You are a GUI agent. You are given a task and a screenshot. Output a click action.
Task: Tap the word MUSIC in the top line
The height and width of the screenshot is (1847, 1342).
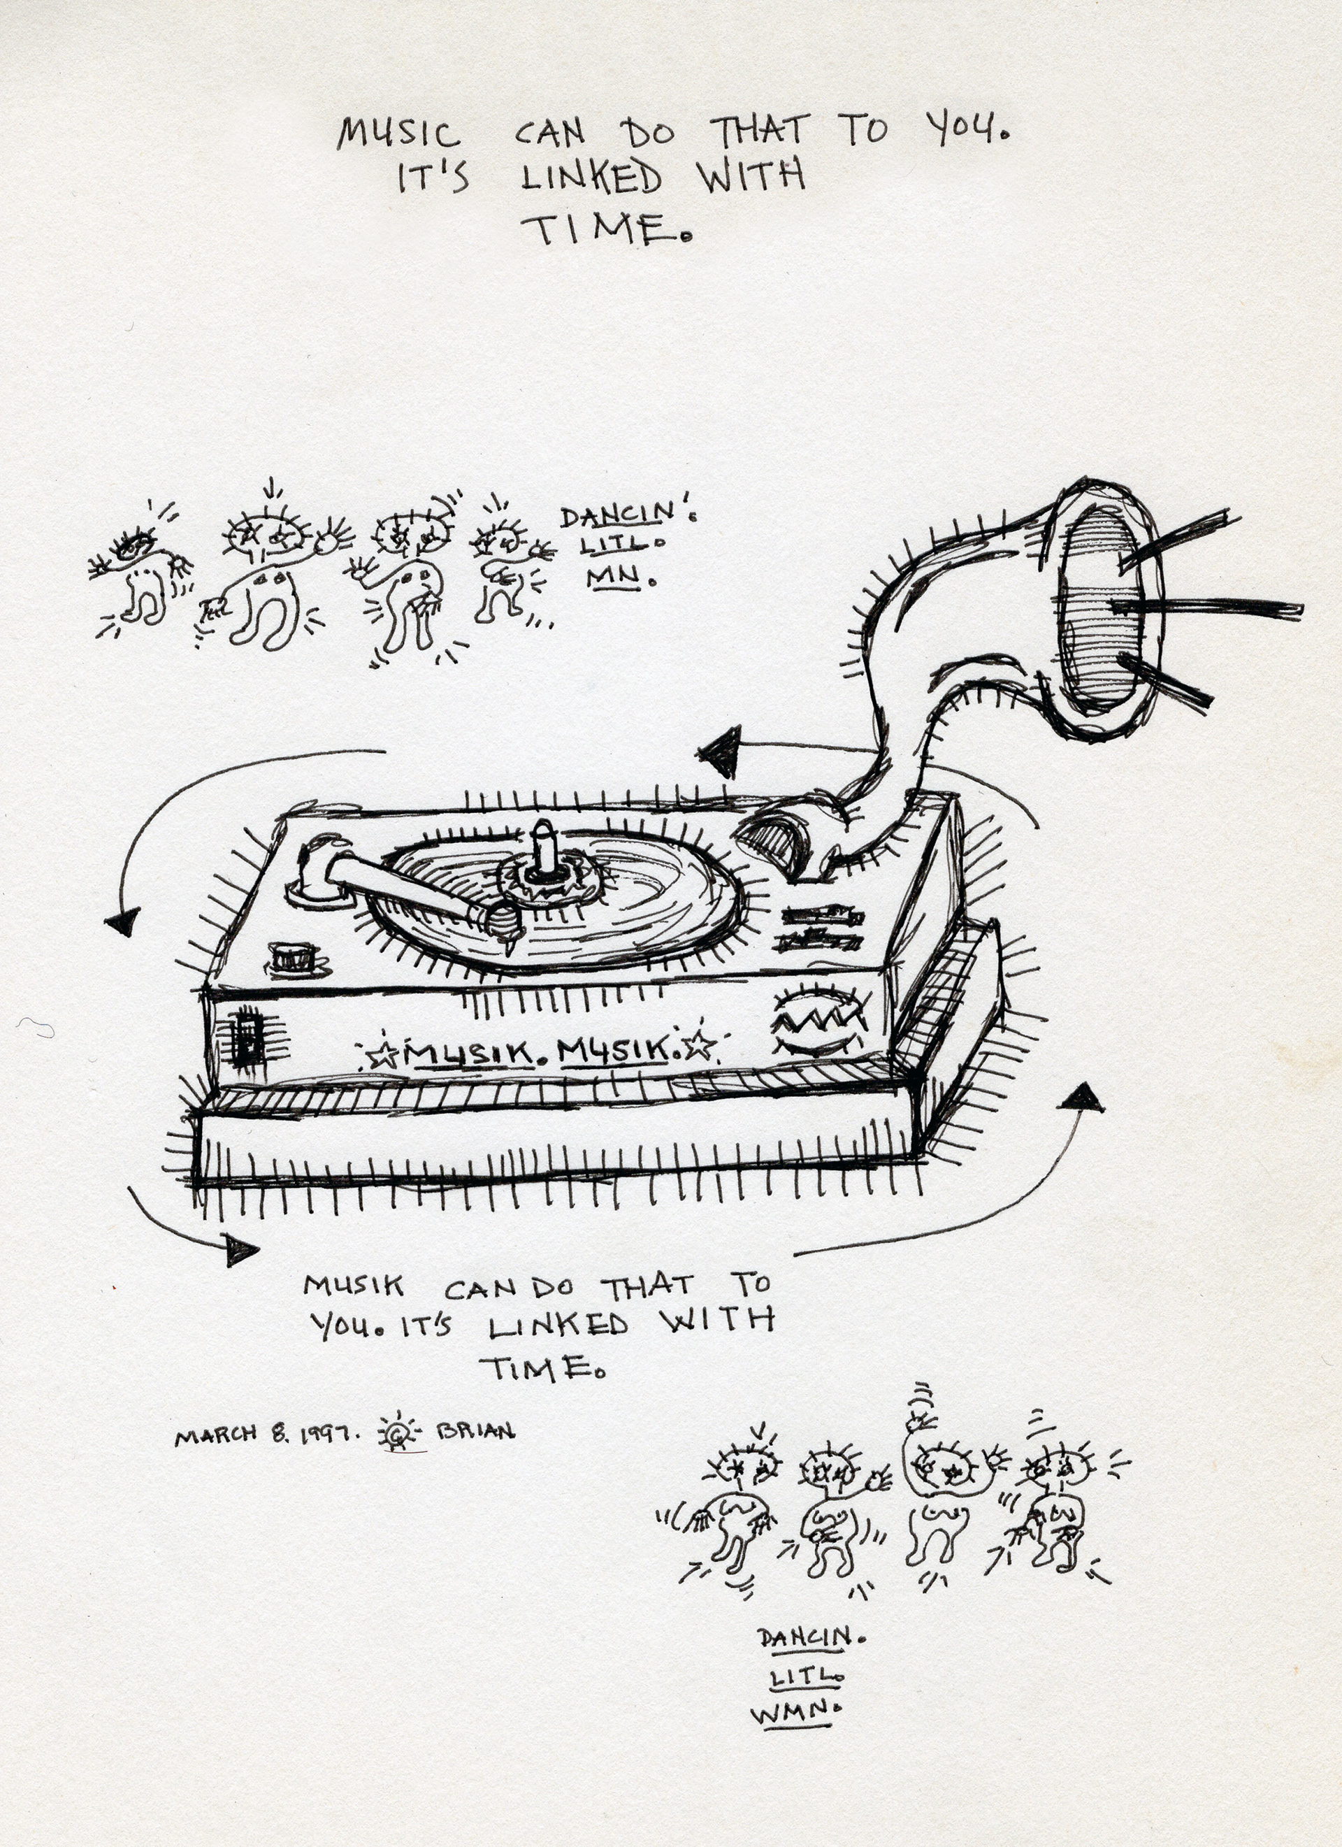398,133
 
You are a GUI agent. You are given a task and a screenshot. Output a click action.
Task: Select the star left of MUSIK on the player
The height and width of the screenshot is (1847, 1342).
379,1057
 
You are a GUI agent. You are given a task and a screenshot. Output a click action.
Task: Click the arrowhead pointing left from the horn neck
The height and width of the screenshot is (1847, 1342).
720,752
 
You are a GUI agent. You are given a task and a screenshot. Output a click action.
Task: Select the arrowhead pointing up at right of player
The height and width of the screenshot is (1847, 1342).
1081,1098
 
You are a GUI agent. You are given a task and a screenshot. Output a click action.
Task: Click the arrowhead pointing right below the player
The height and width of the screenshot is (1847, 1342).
238,1249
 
